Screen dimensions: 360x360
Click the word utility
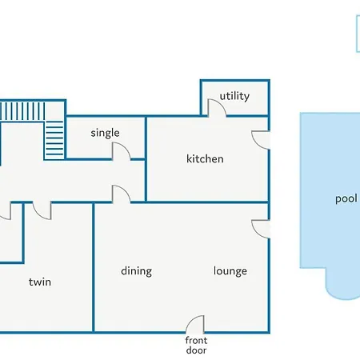click(234, 96)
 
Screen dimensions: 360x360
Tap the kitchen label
click(205, 158)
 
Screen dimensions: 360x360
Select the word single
click(105, 133)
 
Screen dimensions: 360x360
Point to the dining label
click(136, 271)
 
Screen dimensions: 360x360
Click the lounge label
click(230, 271)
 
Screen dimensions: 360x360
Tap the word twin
click(40, 282)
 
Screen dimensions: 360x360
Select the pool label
click(346, 199)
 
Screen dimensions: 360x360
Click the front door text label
click(196, 345)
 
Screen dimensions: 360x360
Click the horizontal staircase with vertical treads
click(22, 111)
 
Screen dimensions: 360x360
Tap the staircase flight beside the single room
click(54, 139)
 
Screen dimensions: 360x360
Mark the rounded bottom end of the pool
click(342, 290)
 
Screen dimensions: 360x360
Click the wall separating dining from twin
click(94, 267)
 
